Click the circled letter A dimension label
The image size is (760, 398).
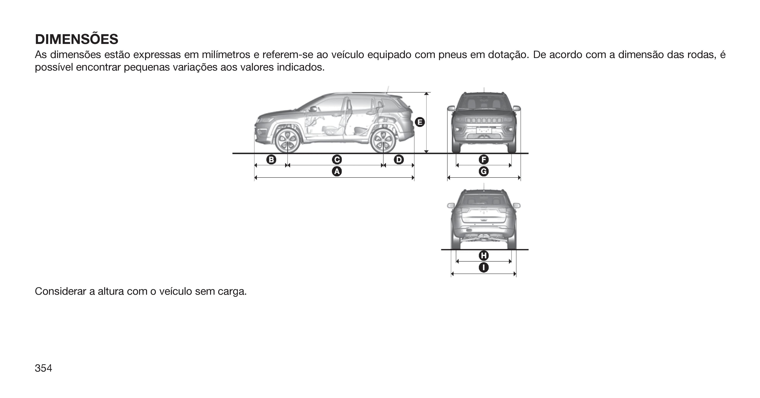coord(337,171)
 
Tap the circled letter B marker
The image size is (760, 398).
coord(271,160)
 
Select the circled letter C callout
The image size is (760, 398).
coord(337,160)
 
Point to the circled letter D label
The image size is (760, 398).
coord(399,160)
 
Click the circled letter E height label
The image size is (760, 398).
coord(420,122)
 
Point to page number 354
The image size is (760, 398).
coord(43,368)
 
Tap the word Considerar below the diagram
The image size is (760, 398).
coord(61,291)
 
